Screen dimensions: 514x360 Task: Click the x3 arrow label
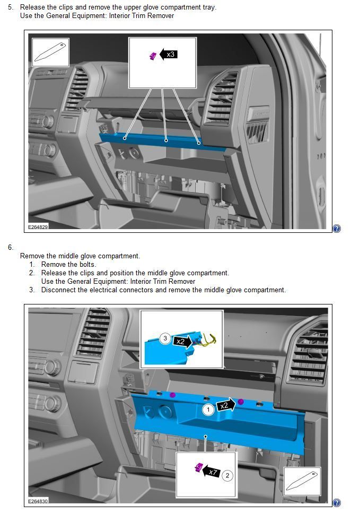click(169, 54)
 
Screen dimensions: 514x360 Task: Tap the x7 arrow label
click(212, 472)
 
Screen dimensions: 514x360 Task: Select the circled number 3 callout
click(165, 338)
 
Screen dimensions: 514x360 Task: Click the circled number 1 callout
click(208, 409)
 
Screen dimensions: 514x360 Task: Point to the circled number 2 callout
click(227, 475)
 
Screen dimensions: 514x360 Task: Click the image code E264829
click(38, 226)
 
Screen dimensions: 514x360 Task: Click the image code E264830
click(38, 501)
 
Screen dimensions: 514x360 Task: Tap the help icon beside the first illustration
click(337, 229)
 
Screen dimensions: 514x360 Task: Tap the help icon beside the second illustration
click(337, 503)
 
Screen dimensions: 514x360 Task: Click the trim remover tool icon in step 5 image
click(50, 52)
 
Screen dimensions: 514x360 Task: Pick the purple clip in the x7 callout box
click(198, 467)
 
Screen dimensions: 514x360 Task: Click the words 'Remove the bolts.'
click(68, 264)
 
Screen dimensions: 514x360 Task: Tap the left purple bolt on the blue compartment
click(173, 395)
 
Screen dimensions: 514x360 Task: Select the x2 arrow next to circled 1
click(225, 406)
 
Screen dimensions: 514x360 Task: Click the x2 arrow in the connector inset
click(182, 341)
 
